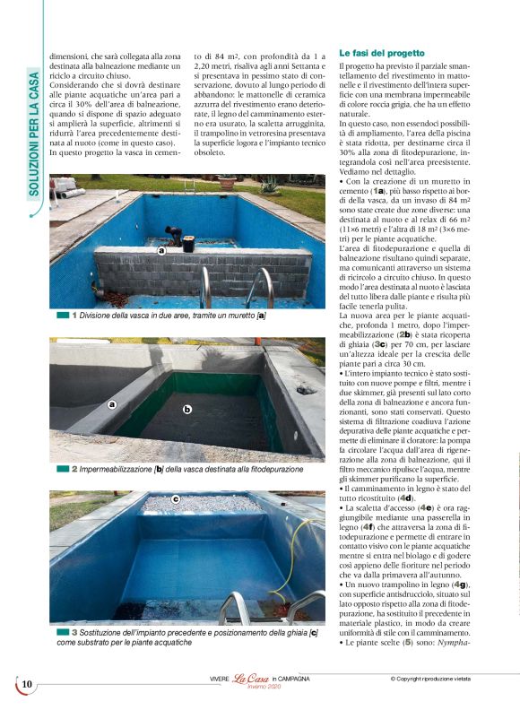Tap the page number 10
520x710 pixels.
click(27, 685)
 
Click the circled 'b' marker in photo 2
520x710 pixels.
click(187, 410)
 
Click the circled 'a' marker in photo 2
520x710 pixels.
click(112, 404)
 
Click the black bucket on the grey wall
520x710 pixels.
click(188, 243)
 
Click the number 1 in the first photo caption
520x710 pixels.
click(74, 316)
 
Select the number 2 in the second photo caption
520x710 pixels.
click(74, 468)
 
